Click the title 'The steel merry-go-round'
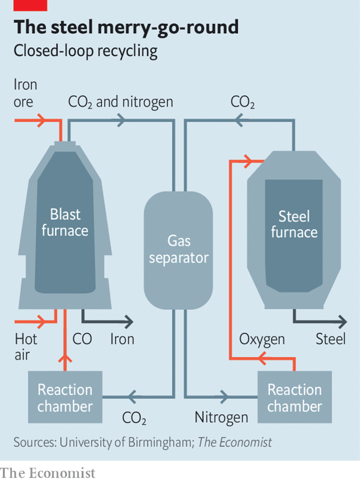click(x=126, y=28)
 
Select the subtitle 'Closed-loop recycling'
click(x=85, y=51)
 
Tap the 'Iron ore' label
click(x=25, y=93)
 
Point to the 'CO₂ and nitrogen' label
click(x=120, y=102)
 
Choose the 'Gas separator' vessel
click(x=179, y=249)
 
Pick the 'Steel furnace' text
click(x=294, y=224)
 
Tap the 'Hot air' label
click(x=26, y=347)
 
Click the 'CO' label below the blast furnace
click(x=82, y=340)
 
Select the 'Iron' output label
click(x=122, y=340)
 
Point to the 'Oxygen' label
click(x=262, y=340)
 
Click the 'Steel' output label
click(x=330, y=340)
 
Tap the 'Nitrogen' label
click(x=221, y=417)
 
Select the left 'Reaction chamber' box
click(x=65, y=397)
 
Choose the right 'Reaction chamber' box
click(x=294, y=397)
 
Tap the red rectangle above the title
click(x=23, y=5)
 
